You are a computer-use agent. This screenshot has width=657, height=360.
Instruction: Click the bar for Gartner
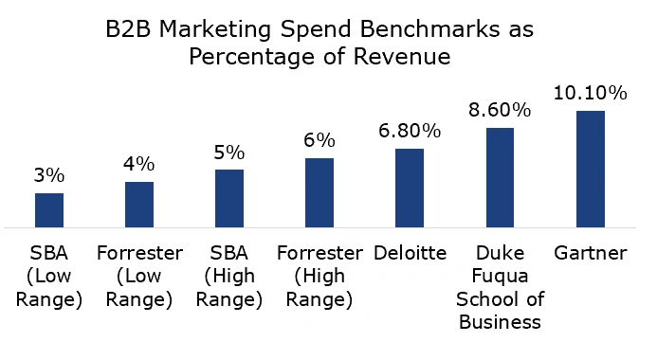pos(590,170)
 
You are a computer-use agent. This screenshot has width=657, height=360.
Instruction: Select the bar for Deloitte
pos(410,188)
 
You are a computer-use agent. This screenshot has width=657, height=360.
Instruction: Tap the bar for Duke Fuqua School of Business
pos(500,177)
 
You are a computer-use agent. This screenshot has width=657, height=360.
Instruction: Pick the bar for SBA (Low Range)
pos(49,210)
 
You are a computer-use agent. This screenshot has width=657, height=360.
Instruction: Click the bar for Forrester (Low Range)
pos(139,205)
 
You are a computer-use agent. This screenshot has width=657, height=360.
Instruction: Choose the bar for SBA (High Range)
pos(229,198)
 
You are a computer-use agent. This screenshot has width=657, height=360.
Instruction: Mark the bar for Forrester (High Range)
pos(319,192)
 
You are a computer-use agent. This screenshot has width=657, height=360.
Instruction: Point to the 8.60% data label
pos(500,110)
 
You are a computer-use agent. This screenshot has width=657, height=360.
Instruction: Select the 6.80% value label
pos(410,131)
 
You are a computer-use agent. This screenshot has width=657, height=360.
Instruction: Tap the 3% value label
pos(49,175)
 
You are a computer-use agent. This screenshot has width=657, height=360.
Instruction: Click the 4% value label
pos(139,164)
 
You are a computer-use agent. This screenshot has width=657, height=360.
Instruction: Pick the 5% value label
pos(229,152)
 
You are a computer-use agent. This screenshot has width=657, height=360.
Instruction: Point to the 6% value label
pos(319,140)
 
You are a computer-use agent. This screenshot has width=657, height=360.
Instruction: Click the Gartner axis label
pos(590,254)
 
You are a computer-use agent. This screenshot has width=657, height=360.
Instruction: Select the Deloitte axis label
pos(410,254)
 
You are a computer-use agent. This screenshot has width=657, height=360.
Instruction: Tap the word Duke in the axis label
pos(500,254)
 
